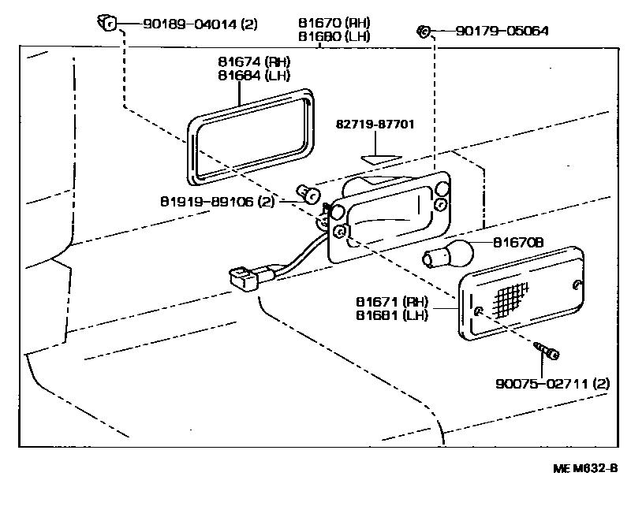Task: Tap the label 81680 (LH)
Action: coord(335,36)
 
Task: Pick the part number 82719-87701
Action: coord(375,125)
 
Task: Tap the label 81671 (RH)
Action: coord(392,302)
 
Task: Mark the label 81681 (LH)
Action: coord(392,315)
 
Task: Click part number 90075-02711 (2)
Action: coord(552,384)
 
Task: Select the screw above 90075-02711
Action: coord(545,351)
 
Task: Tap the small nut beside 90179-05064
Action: coord(423,32)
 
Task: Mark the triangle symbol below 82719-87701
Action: coord(376,158)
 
